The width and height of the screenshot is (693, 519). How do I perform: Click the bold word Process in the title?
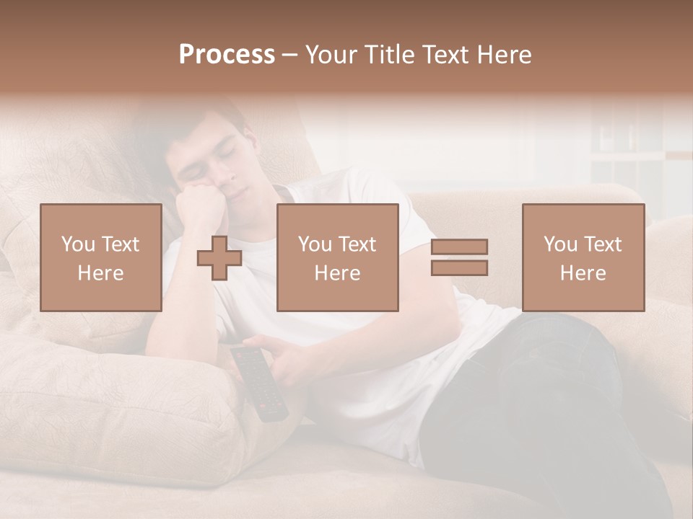coord(227,55)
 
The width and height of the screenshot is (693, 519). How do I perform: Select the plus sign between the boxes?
coord(219,258)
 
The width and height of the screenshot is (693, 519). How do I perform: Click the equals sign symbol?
coord(459,257)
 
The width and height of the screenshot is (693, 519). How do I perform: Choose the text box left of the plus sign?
coord(101,257)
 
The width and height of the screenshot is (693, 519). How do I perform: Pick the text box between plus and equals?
coord(338,257)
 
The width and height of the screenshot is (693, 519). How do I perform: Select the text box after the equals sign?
coord(583,257)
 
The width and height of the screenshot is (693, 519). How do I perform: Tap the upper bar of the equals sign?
coord(459,247)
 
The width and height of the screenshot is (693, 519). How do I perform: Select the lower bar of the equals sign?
coord(459,268)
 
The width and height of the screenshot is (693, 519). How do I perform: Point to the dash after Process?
coord(289,55)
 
